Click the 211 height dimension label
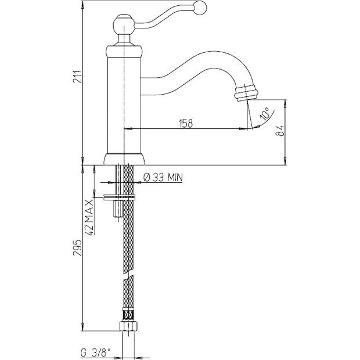(77, 77)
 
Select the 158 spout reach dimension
(186, 124)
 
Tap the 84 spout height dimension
(280, 131)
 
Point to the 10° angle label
(265, 114)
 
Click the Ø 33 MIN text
(163, 177)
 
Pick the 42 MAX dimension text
(89, 217)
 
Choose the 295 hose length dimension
(77, 248)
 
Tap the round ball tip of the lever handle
(200, 8)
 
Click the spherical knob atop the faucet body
(124, 25)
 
